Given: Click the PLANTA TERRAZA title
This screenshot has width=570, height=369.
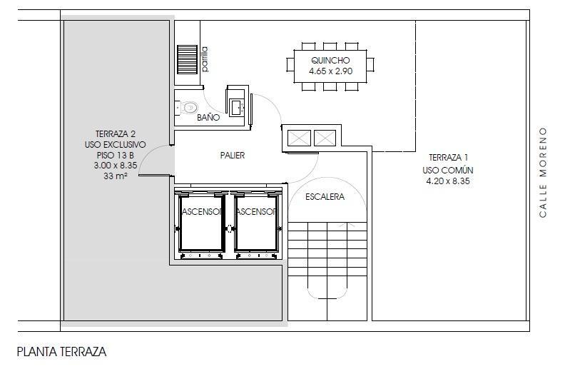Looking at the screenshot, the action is (62, 352).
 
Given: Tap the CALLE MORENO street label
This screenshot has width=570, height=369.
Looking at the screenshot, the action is (543, 172).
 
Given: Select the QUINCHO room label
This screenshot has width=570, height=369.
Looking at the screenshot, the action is (330, 61).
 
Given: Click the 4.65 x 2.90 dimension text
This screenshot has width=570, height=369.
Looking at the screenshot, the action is (330, 71).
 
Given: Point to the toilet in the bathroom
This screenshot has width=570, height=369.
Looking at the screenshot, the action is (189, 108).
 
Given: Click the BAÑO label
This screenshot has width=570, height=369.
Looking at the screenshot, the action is (208, 118).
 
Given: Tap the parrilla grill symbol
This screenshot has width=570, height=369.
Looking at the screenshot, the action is (187, 59).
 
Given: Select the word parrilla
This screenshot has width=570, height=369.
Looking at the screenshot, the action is (205, 59).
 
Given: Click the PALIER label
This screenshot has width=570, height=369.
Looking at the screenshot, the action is (233, 155).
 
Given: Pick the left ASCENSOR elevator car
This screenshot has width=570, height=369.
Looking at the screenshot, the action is (201, 223).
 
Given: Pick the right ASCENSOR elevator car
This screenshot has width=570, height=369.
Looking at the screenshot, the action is (256, 223).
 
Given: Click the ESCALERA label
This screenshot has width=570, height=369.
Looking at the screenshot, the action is (325, 197).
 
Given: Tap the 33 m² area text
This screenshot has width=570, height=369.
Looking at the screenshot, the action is (116, 176).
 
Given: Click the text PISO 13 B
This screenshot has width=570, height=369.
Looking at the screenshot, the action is (116, 155).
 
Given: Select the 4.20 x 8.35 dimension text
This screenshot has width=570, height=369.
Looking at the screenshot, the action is (448, 181).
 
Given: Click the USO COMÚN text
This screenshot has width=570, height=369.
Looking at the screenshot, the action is (448, 170).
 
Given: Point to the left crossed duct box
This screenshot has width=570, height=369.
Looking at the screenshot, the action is (299, 138).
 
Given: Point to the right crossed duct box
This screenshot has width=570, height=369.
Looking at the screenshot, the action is (325, 138).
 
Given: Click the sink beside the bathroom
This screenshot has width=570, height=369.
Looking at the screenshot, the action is (237, 108).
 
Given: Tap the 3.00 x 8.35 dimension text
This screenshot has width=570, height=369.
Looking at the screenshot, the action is (116, 166).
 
